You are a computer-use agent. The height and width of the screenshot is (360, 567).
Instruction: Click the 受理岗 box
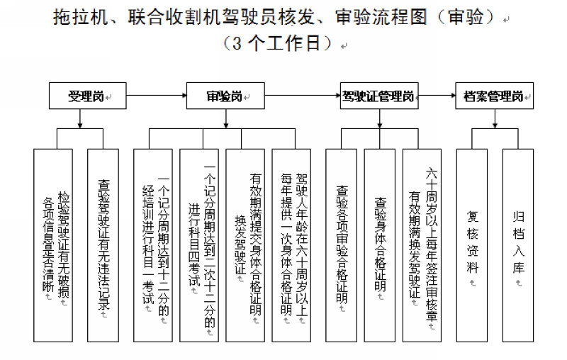[86, 95]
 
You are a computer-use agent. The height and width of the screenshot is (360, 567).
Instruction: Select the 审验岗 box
[224, 95]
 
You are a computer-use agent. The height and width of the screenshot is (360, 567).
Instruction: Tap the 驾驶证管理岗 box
[378, 95]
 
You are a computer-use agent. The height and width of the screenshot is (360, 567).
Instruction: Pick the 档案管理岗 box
[494, 95]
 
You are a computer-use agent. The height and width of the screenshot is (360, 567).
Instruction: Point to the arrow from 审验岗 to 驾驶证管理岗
[298, 95]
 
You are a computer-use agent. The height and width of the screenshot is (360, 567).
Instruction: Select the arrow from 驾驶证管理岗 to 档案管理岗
[436, 95]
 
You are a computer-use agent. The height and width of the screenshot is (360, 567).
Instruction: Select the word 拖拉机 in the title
[77, 18]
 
